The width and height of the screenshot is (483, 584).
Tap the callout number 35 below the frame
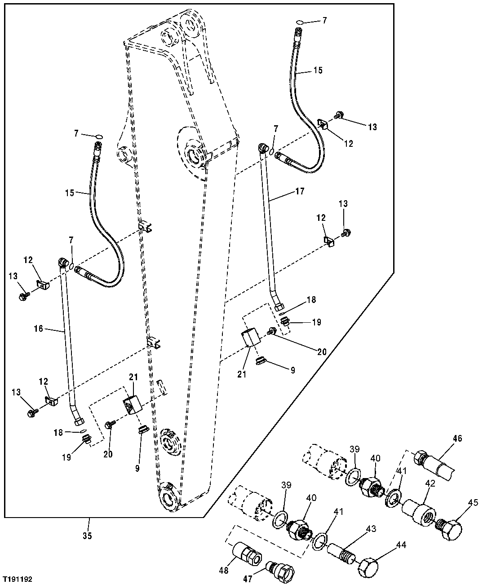pos(87,536)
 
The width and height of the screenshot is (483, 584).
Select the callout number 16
pos(38,329)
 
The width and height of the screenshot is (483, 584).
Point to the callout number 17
pos(300,192)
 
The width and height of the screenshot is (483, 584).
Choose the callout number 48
pos(224,570)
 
